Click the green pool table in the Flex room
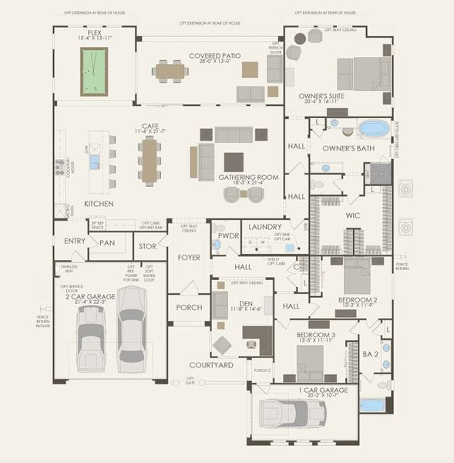point(94,71)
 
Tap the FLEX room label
point(94,32)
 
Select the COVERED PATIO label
point(214,56)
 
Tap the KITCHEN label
point(99,204)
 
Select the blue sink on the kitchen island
point(94,162)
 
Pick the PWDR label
point(228,235)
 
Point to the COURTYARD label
point(212,364)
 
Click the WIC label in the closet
point(353,215)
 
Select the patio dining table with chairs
point(170,71)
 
